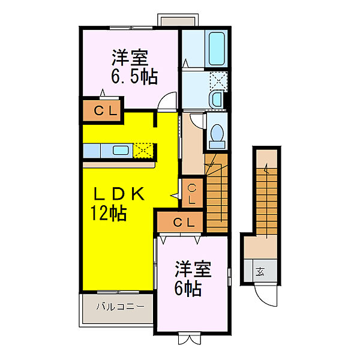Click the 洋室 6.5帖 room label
(x=134, y=67)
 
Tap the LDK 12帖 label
(x=117, y=203)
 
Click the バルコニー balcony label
(x=121, y=307)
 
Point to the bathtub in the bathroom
(x=217, y=49)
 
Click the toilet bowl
(x=217, y=134)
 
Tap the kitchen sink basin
(x=121, y=151)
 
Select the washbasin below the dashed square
(x=217, y=100)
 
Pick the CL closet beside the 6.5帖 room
(x=102, y=110)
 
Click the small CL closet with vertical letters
(x=192, y=193)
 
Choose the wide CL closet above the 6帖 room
(x=180, y=222)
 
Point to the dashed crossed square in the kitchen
(x=143, y=151)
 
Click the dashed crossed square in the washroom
(x=218, y=81)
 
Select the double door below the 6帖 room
(x=190, y=338)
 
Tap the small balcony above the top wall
(x=178, y=20)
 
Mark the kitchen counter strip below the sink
(x=119, y=164)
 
